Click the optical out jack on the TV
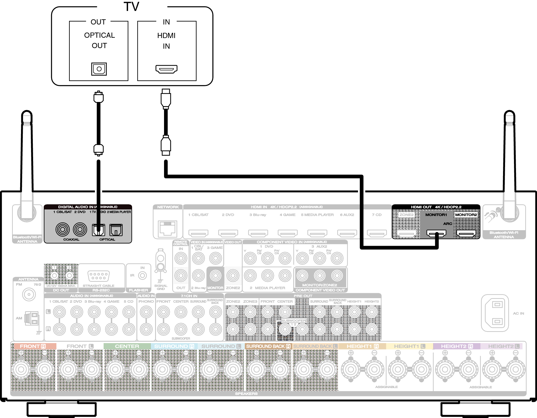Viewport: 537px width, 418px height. [x=99, y=69]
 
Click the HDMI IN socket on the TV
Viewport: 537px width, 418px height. [x=166, y=69]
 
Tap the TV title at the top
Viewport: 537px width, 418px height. [x=132, y=7]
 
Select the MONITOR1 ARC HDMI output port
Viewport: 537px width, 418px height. [x=436, y=233]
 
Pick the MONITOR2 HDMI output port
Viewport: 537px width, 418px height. [x=466, y=233]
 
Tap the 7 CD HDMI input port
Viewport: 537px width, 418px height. [x=377, y=233]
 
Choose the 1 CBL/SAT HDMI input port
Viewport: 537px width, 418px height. [x=198, y=233]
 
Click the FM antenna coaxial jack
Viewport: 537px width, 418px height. [x=29, y=294]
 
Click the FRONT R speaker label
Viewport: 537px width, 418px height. [x=33, y=346]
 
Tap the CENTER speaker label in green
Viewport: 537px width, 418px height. [x=127, y=346]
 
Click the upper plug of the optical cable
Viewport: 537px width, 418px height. [x=99, y=97]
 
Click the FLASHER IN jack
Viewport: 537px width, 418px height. [x=142, y=276]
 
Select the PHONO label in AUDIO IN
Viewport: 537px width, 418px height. [x=146, y=301]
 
